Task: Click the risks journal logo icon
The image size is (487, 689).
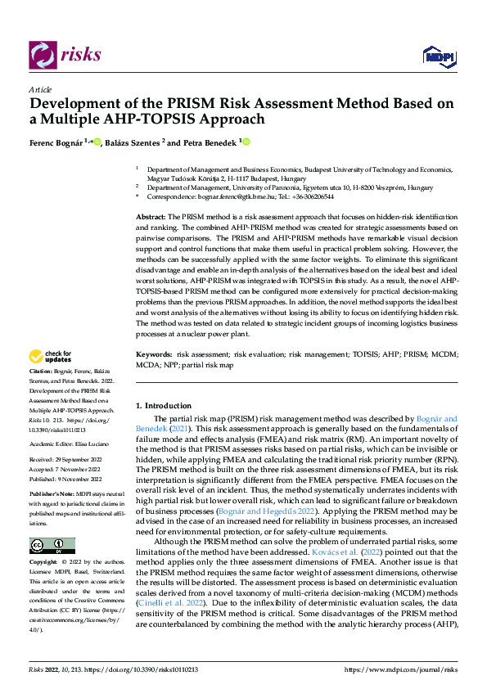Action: (41, 56)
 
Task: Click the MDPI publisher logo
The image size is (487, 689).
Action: (438, 56)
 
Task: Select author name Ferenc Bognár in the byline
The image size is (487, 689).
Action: (57, 142)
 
